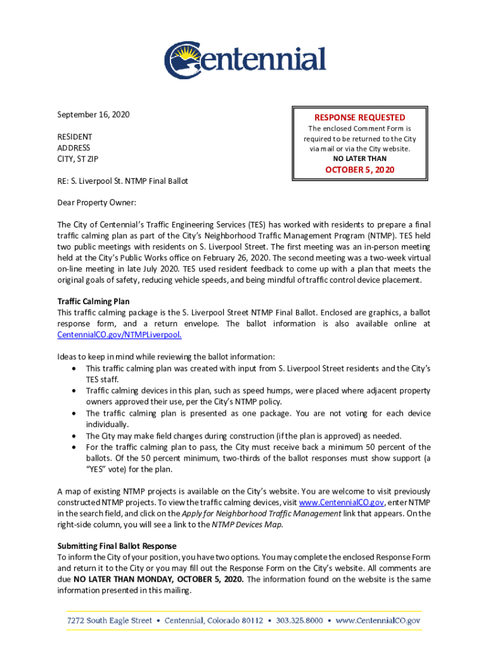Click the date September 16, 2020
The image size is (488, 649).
93,115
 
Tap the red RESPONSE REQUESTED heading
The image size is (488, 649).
359,117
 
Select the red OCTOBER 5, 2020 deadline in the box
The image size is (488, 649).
359,169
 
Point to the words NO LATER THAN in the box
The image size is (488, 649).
359,158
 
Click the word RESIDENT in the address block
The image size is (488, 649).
75,137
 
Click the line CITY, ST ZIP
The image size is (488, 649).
79,159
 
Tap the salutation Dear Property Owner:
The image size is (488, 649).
96,203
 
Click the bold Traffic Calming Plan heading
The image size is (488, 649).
93,302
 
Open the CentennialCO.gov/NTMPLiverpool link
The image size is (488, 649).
120,335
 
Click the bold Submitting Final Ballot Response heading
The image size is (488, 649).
117,546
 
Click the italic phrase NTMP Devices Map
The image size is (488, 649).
247,524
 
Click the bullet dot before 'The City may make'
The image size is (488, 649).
77,436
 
